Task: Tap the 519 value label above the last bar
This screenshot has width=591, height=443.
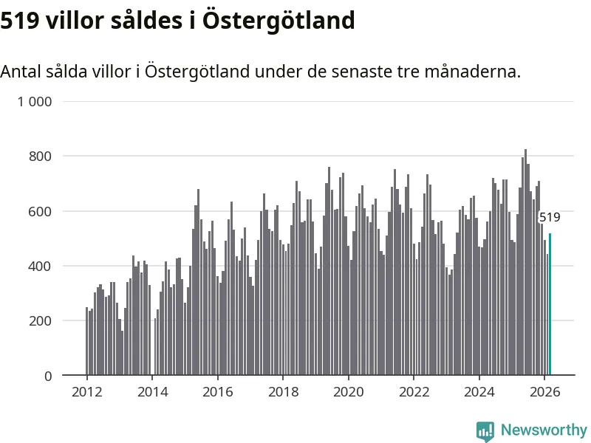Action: (x=550, y=218)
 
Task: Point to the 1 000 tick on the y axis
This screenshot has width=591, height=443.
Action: (x=35, y=102)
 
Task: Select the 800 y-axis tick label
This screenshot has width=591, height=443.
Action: (x=41, y=157)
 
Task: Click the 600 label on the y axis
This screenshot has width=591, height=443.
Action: (x=41, y=211)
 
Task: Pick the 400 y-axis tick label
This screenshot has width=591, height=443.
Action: (x=41, y=266)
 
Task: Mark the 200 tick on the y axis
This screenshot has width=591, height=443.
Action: (x=41, y=321)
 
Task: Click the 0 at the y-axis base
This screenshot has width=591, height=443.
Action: (x=48, y=376)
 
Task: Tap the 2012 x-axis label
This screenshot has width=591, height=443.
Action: (x=86, y=392)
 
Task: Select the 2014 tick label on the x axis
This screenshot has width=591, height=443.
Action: (x=151, y=392)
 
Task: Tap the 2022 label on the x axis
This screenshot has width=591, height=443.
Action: (x=413, y=392)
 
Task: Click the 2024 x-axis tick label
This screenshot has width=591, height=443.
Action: (x=479, y=392)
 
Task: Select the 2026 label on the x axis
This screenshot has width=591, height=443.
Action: (x=544, y=392)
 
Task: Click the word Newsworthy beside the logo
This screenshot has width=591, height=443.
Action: (x=544, y=430)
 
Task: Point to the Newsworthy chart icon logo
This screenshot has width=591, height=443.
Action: (x=485, y=430)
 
